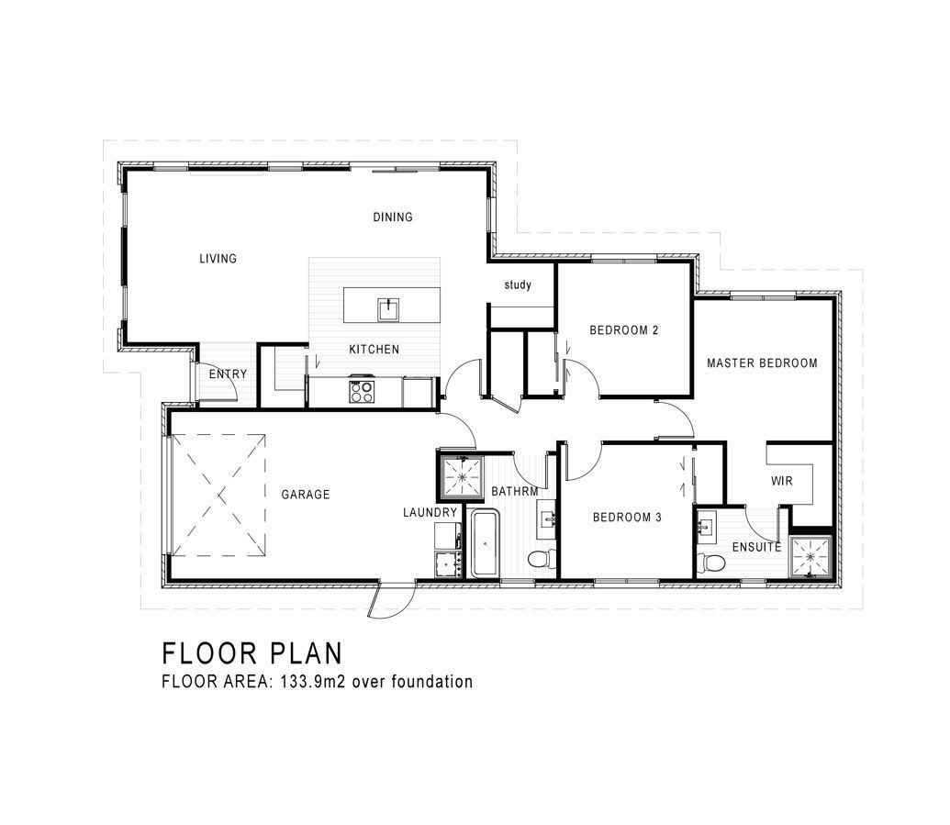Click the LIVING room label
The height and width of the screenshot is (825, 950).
tap(218, 259)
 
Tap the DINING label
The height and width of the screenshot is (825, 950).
tap(393, 217)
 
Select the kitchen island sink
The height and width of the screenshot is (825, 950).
tap(387, 309)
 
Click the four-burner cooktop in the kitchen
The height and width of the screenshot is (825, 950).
tap(361, 391)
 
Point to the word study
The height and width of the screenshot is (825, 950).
tap(518, 284)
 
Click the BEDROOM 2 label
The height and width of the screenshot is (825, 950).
tap(624, 330)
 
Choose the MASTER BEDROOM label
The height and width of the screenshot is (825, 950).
tap(762, 362)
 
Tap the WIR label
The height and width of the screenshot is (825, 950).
tap(781, 481)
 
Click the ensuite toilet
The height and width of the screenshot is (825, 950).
tap(710, 563)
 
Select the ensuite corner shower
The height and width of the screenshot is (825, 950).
tap(810, 557)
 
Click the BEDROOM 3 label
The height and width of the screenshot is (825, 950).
tap(627, 518)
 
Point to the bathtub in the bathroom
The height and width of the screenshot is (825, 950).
tap(486, 543)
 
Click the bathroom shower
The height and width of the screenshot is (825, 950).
tap(462, 476)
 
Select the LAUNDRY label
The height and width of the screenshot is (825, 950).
tap(430, 512)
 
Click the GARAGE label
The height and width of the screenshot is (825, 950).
tap(306, 495)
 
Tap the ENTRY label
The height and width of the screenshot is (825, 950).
tap(228, 374)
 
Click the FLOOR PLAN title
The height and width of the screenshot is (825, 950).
tap(252, 653)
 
